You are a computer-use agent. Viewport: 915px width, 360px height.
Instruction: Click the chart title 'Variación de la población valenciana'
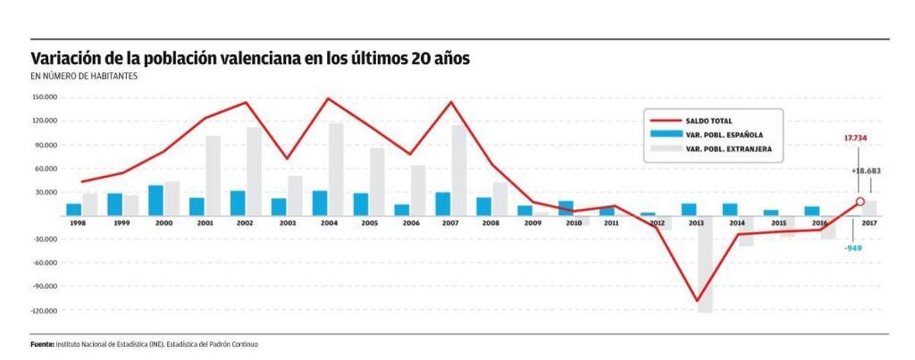tap(250, 59)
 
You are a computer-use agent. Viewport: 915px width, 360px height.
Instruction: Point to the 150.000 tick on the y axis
tap(45, 98)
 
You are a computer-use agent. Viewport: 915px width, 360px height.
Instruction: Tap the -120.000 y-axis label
tap(45, 311)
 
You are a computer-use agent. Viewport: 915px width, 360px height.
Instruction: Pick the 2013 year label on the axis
tap(695, 223)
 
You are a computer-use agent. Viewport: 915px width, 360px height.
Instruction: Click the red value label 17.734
tap(856, 138)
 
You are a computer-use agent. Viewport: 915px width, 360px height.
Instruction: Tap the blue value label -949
tap(853, 248)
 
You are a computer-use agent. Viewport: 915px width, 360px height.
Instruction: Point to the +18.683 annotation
tap(865, 172)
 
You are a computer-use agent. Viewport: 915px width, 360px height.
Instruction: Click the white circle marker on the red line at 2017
tap(860, 201)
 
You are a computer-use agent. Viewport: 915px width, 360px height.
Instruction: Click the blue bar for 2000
tap(156, 201)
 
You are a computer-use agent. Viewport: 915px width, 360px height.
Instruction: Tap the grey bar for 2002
tap(253, 171)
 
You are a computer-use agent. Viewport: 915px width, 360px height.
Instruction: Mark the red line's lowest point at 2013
tap(696, 301)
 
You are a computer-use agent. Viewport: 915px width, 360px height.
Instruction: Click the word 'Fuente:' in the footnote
tap(43, 345)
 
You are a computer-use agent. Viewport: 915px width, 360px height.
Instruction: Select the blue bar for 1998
tap(74, 210)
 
